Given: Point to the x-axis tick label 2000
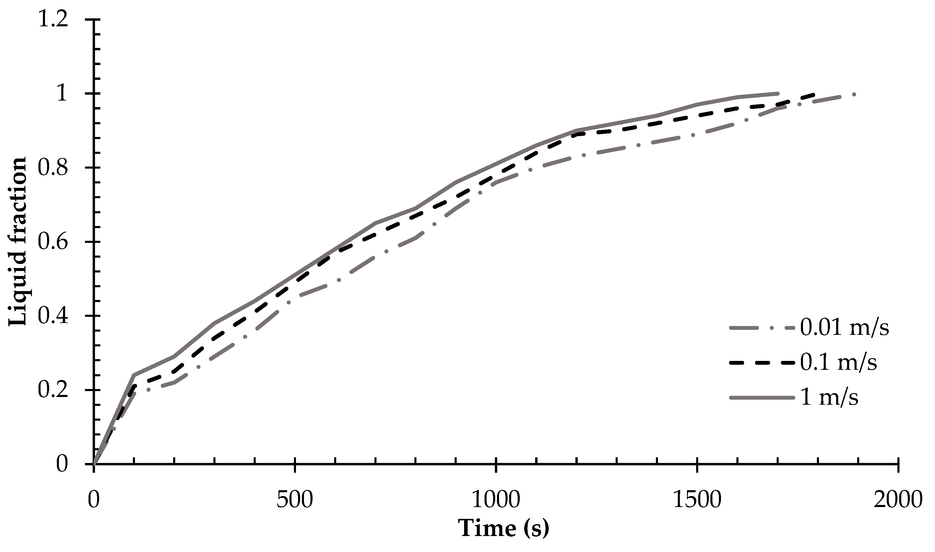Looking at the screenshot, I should [898, 500].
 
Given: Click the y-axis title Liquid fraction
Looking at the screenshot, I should [18, 242].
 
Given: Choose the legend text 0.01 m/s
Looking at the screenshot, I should [844, 328].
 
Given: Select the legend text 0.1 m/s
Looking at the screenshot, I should [838, 363].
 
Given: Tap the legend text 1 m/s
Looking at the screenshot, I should [829, 397].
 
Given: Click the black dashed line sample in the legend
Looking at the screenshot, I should [763, 363].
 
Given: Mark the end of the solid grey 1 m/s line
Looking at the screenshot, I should [778, 93].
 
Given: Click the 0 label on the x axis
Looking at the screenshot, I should [94, 500].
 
